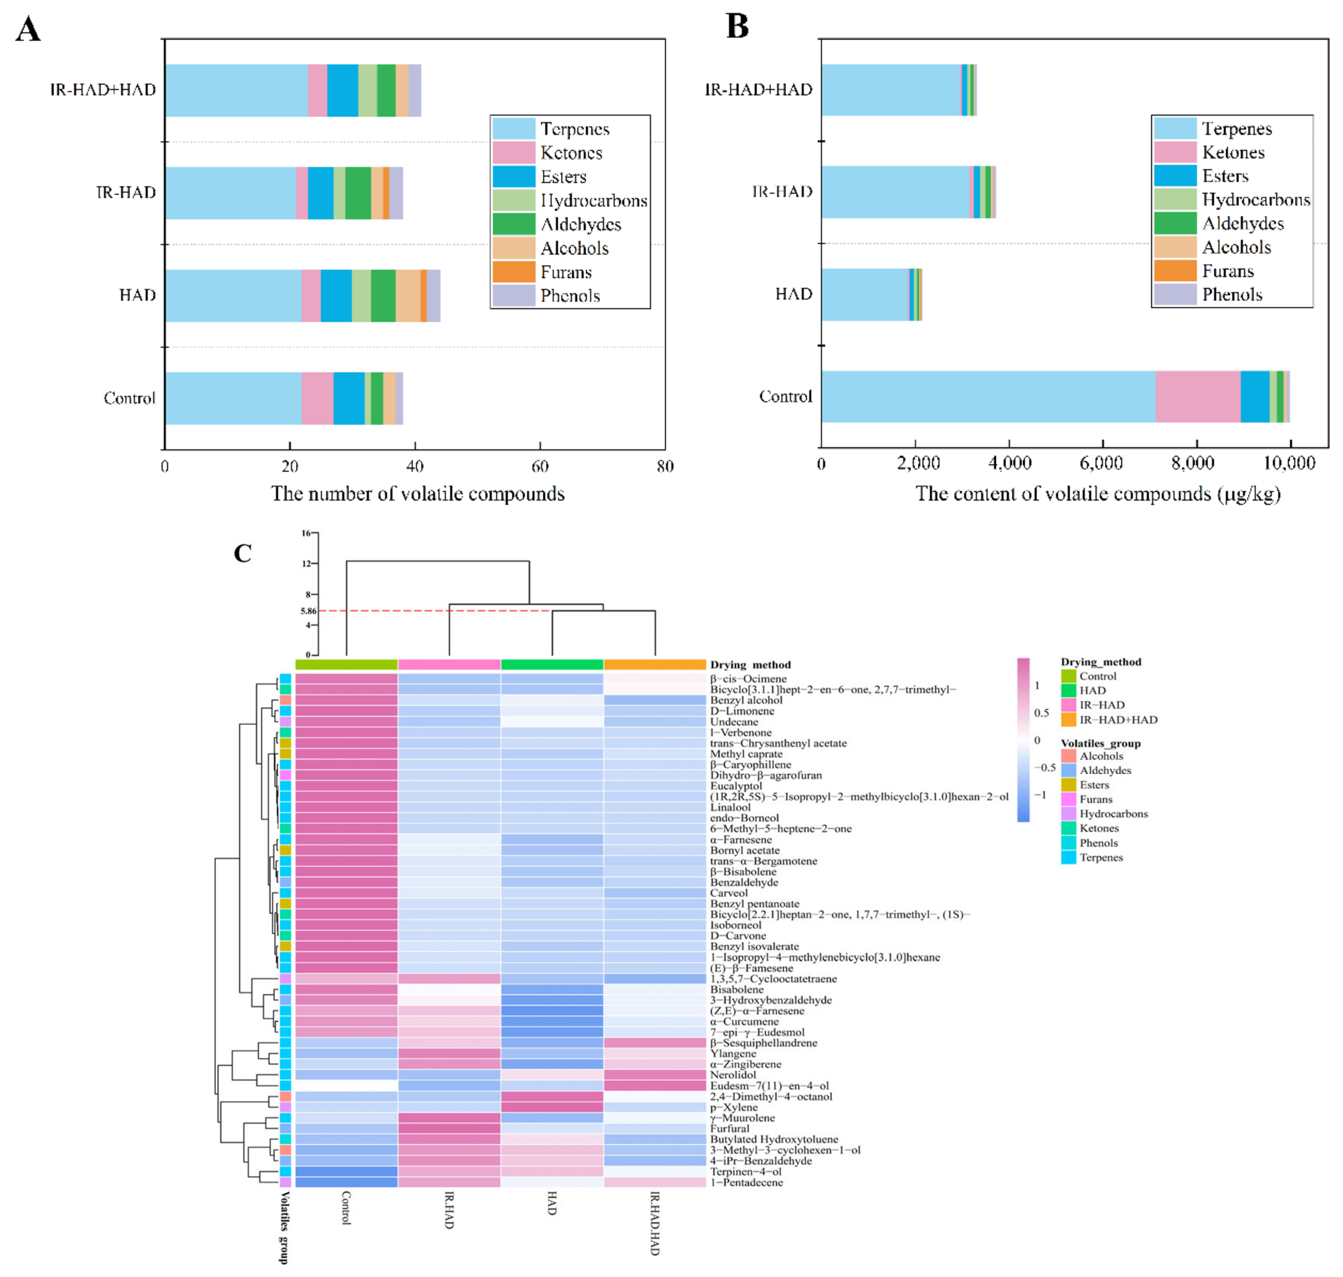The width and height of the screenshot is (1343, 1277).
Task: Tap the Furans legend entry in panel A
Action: pos(565,272)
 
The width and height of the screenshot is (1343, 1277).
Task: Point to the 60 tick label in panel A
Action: pos(540,466)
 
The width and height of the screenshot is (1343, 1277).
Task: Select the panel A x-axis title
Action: pos(417,493)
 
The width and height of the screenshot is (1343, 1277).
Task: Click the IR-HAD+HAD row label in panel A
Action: pos(103,90)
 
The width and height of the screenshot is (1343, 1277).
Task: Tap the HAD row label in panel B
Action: pos(794,294)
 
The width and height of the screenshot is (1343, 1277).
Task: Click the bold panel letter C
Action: pos(243,553)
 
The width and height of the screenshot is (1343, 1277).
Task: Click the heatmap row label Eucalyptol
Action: pos(736,786)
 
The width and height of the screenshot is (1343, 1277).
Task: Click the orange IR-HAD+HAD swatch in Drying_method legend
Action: pos(1068,719)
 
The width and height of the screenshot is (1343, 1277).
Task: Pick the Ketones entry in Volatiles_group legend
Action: pos(1098,828)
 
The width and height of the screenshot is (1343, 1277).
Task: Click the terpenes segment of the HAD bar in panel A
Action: pos(233,295)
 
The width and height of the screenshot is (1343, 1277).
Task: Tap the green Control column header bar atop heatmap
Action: pos(346,665)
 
